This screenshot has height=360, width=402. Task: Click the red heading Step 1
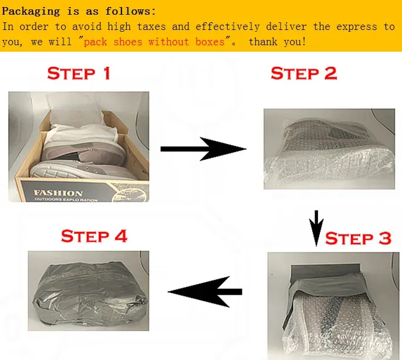click(x=79, y=73)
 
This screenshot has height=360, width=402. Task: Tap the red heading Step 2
click(x=304, y=73)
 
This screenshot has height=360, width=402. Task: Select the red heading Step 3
click(x=358, y=238)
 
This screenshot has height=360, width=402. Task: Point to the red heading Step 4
click(x=94, y=236)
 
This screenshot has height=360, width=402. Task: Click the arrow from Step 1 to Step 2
click(x=203, y=149)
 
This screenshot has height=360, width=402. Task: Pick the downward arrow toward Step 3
click(x=316, y=228)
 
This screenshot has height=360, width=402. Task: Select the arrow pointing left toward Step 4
click(x=205, y=292)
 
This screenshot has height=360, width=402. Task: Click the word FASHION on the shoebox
click(x=58, y=193)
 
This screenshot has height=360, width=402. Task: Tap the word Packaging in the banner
click(x=31, y=12)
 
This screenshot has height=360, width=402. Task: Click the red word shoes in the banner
click(x=128, y=42)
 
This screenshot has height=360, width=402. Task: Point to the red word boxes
click(x=210, y=42)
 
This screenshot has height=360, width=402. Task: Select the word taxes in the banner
click(x=151, y=26)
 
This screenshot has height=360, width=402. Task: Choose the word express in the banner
click(x=357, y=26)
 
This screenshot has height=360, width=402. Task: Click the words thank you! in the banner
click(x=278, y=42)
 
